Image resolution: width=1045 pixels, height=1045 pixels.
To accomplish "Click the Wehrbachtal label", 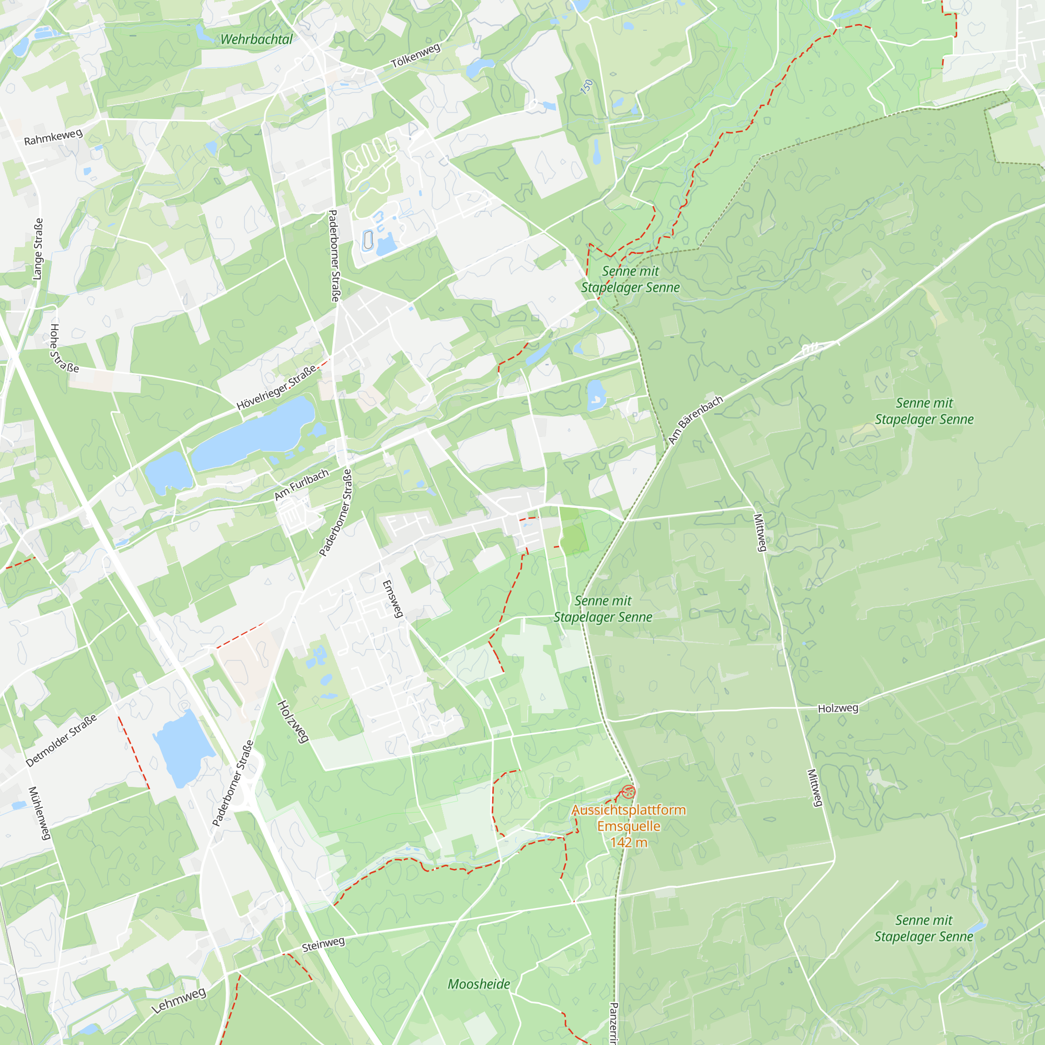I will click(x=257, y=40).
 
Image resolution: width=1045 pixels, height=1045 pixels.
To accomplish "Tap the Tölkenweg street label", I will click(x=415, y=56).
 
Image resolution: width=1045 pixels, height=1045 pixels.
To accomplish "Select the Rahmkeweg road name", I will click(x=53, y=137).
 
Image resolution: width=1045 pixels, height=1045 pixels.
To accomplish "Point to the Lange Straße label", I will click(x=38, y=249).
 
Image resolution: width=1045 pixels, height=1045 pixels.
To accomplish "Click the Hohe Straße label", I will click(x=64, y=349).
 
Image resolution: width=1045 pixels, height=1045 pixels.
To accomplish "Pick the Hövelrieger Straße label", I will click(x=276, y=388).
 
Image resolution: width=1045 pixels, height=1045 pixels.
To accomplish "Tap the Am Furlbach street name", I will click(x=301, y=485).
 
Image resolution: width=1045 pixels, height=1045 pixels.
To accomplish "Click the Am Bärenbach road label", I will click(x=695, y=420).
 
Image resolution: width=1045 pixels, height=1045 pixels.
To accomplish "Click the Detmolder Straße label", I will click(x=62, y=740).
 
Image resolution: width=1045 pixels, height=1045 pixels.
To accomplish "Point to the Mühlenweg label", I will click(x=40, y=813).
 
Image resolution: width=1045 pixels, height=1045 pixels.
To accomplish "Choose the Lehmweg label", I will click(x=179, y=1000).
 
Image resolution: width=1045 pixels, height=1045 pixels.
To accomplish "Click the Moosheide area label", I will click(x=479, y=984).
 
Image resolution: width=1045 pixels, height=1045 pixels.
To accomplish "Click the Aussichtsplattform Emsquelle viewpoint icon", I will click(x=628, y=793).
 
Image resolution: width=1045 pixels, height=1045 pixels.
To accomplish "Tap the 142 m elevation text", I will click(x=629, y=842).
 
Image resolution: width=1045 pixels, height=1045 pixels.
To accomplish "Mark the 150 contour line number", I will click(x=587, y=87).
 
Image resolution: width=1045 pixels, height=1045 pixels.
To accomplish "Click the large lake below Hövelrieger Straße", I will click(x=254, y=433).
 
